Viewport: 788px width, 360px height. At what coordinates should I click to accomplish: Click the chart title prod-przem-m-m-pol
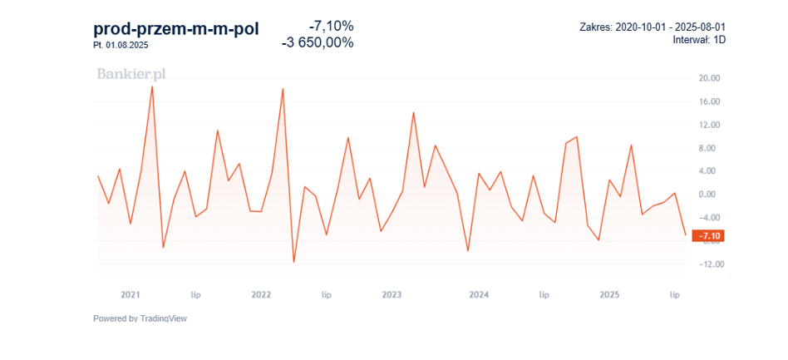[x=175, y=29]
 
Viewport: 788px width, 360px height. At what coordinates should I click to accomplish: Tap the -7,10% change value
[x=330, y=26]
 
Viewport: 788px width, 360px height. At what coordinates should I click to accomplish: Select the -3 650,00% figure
[x=318, y=42]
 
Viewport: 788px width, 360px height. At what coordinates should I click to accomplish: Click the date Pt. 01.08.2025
[x=121, y=45]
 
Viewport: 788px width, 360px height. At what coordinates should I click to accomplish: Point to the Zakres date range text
[x=656, y=27]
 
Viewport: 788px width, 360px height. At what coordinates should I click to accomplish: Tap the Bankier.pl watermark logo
[x=131, y=74]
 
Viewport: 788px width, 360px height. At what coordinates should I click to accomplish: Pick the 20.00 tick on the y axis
[x=709, y=78]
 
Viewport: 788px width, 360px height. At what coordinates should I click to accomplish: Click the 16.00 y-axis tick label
[x=709, y=101]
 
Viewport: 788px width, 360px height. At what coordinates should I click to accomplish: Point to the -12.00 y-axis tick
[x=707, y=264]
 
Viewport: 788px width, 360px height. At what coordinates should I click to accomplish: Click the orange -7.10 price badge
[x=709, y=236]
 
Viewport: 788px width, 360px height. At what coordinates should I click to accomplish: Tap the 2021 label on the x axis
[x=131, y=294]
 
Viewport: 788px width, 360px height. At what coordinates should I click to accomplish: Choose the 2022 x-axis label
[x=261, y=294]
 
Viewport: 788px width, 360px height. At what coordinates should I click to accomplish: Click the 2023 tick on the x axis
[x=392, y=294]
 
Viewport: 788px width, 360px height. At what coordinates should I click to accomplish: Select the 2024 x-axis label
[x=479, y=294]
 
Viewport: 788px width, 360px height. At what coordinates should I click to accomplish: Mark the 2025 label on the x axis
[x=609, y=294]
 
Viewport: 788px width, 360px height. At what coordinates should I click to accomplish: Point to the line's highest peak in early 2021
[x=152, y=86]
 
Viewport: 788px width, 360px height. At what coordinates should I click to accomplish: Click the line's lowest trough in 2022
[x=293, y=263]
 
